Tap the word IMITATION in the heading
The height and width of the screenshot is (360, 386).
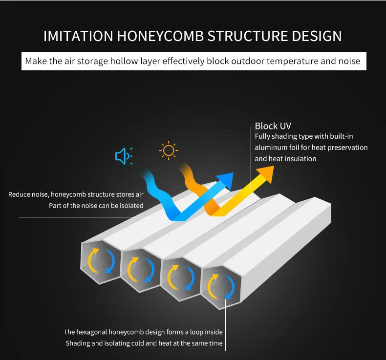tap(79, 36)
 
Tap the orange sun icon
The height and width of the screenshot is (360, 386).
tap(169, 150)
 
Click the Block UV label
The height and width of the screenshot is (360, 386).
tap(273, 126)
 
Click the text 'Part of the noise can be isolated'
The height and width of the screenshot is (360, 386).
tap(96, 206)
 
